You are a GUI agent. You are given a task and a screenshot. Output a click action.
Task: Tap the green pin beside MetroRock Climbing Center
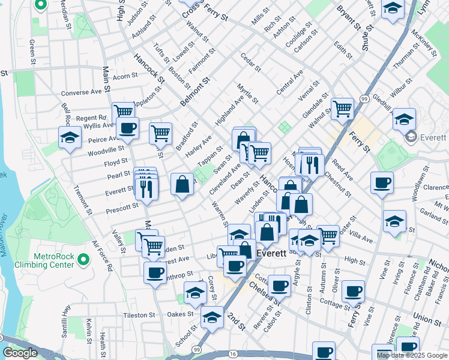(83, 260)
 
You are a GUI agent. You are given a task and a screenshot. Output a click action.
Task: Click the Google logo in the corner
(20, 353)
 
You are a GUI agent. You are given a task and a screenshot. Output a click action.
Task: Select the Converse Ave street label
(82, 93)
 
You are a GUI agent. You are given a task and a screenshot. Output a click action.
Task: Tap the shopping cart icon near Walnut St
(342, 109)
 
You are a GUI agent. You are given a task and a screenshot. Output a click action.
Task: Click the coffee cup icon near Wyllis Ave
(127, 128)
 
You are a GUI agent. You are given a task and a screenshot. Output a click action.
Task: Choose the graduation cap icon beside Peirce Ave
(70, 138)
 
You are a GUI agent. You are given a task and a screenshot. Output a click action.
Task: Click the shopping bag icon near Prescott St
(182, 184)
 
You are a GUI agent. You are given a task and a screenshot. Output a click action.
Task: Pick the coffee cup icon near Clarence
(382, 182)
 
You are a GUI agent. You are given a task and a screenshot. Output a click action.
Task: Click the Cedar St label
(250, 63)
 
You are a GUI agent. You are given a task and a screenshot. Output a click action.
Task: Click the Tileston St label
(139, 315)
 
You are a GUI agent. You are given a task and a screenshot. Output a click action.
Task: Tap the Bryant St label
(348, 18)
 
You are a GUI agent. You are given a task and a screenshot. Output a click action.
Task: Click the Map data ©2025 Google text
(412, 355)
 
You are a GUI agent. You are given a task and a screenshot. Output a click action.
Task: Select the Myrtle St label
(247, 94)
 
